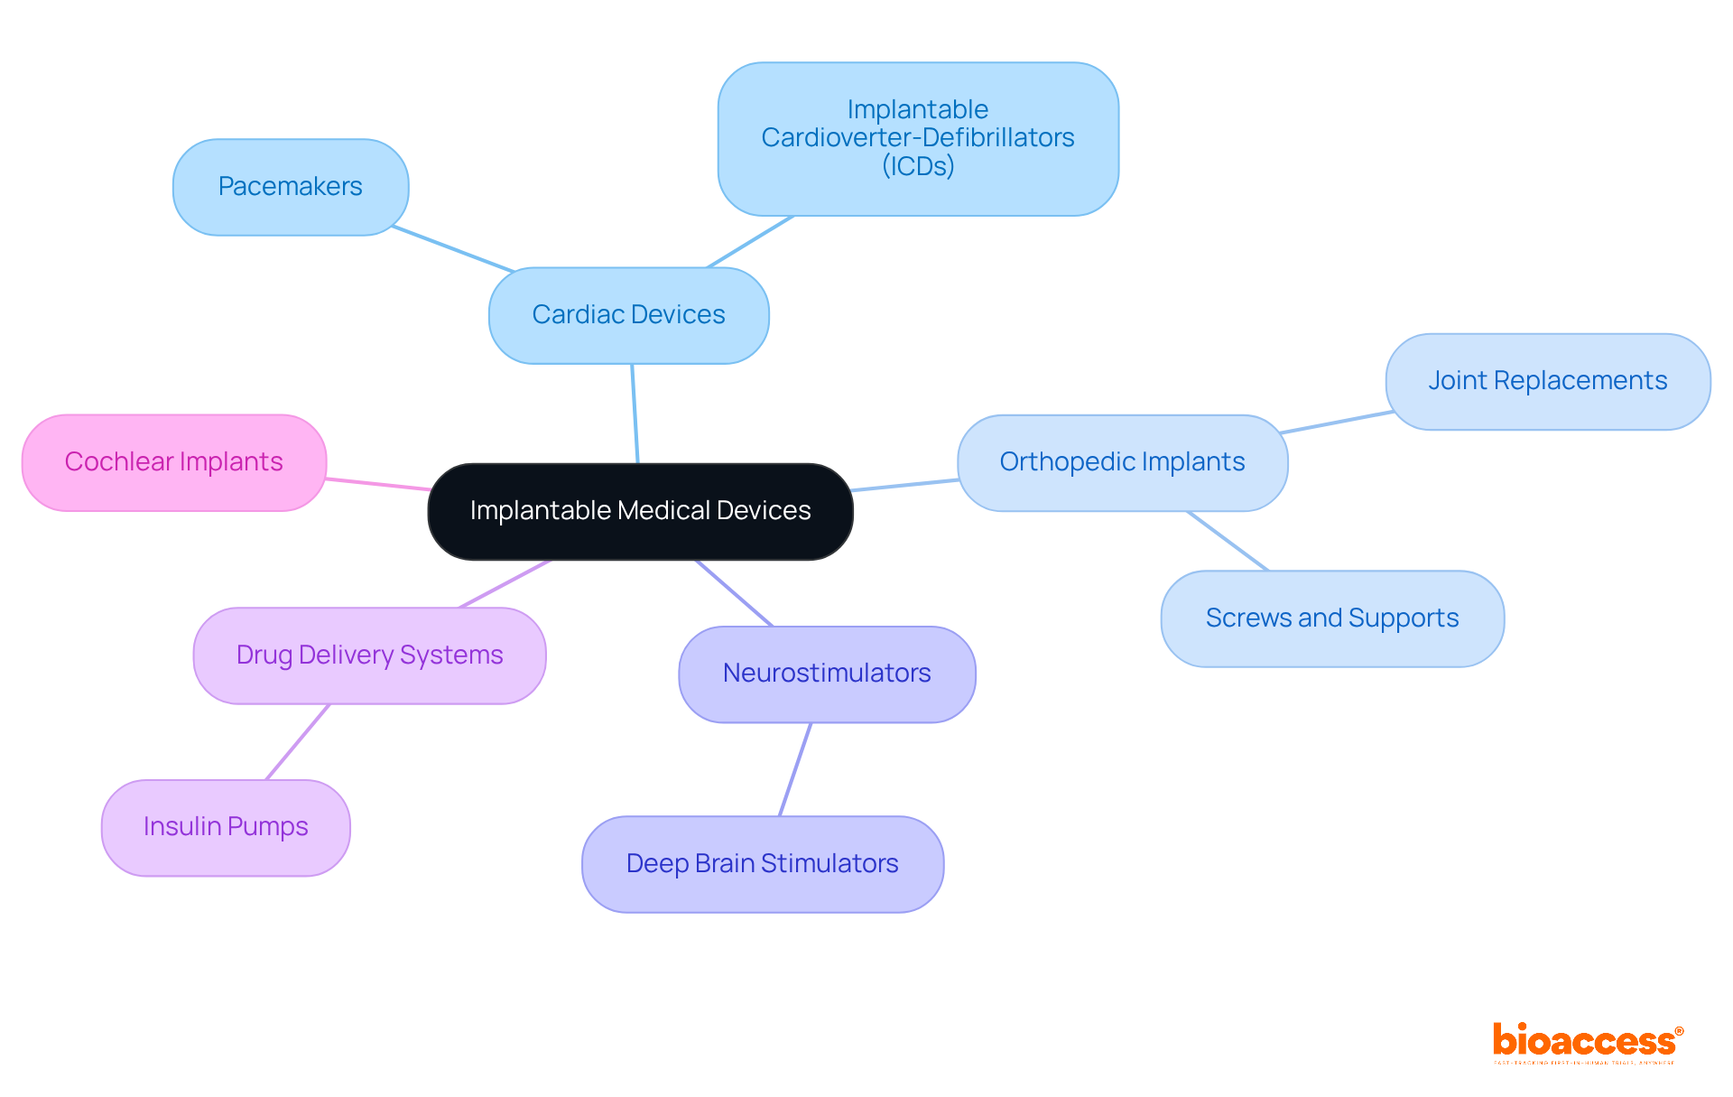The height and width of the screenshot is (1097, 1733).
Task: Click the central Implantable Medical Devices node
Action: click(640, 511)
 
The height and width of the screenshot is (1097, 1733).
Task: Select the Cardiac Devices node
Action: click(628, 315)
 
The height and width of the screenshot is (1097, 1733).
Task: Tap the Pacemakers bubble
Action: click(290, 187)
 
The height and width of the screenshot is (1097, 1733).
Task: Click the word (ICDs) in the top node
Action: click(918, 166)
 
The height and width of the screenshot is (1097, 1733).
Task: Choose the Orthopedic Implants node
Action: click(1122, 462)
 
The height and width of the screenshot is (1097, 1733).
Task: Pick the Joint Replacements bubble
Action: click(1547, 381)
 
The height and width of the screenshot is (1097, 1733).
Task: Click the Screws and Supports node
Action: click(1331, 618)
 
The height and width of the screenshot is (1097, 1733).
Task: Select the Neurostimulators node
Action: click(827, 674)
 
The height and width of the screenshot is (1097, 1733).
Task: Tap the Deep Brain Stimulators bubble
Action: click(762, 864)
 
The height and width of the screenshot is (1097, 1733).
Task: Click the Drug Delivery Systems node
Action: click(369, 655)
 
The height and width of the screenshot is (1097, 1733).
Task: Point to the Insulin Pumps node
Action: click(226, 827)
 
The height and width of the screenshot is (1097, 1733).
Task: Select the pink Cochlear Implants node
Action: click(173, 462)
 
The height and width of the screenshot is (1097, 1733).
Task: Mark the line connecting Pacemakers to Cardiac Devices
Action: click(453, 249)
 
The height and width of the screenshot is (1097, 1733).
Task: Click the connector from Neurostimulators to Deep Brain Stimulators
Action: click(795, 769)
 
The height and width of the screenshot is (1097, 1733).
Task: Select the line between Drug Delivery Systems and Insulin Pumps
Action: click(298, 741)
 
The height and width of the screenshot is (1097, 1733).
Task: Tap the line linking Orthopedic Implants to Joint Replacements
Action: click(1337, 423)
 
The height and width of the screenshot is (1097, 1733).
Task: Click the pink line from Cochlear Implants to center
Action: click(377, 484)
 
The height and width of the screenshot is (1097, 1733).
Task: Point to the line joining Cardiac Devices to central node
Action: click(635, 414)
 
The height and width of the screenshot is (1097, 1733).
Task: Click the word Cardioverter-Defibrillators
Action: click(918, 138)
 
